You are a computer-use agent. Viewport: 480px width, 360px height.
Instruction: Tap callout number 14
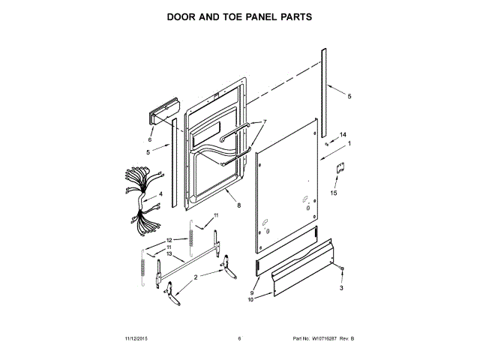point(343,135)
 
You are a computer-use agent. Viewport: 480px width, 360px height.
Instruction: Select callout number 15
point(334,193)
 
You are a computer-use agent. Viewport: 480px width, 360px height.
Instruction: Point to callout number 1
point(349,144)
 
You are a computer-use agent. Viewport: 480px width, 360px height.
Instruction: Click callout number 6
point(150,139)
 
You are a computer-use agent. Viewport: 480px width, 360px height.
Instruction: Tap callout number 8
point(238,205)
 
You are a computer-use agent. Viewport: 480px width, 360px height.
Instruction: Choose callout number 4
point(160,193)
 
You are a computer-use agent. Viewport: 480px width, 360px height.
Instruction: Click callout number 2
point(196,277)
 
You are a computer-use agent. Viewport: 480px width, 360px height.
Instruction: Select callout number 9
point(251,292)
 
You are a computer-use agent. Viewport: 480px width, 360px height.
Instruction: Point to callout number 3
point(341,288)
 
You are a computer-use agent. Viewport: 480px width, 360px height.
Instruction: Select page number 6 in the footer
point(239,338)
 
